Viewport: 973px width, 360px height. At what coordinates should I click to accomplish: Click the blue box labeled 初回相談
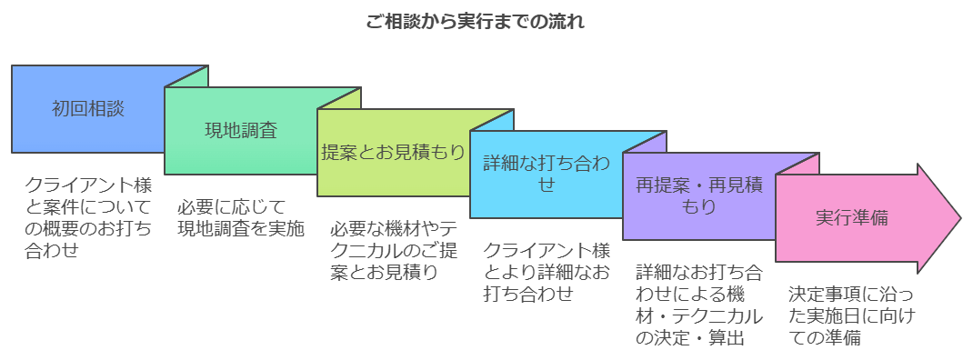(87, 108)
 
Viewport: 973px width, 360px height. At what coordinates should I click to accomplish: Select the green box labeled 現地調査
(240, 130)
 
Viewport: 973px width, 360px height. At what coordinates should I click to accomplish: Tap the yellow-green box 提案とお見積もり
(393, 152)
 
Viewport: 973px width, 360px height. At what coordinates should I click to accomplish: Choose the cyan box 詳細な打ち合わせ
(546, 174)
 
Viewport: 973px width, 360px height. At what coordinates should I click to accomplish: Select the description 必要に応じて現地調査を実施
(240, 217)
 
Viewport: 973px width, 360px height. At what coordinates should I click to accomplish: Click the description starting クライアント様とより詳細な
(546, 271)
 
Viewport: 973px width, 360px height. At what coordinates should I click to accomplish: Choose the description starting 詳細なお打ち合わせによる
(698, 305)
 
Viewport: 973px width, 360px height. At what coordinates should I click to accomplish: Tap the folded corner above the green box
(193, 75)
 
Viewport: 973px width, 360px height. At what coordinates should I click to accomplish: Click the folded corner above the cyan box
(498, 118)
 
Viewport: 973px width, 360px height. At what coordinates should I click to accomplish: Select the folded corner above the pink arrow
(804, 162)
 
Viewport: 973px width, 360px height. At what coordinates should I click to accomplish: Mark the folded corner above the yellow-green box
(346, 96)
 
